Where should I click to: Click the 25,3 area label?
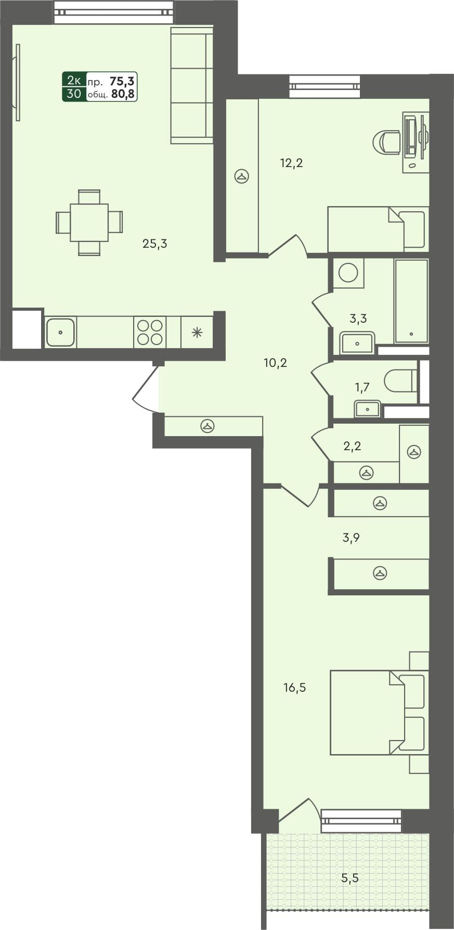click(x=155, y=244)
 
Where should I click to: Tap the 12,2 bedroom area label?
click(x=291, y=163)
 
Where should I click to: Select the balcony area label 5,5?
click(x=350, y=878)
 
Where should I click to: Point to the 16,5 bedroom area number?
click(x=294, y=688)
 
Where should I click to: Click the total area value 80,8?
click(x=123, y=95)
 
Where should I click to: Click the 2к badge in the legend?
click(x=74, y=81)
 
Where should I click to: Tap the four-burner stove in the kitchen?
click(x=150, y=332)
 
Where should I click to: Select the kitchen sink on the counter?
click(x=61, y=332)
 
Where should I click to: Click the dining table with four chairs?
click(x=89, y=223)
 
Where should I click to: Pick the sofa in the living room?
click(x=192, y=86)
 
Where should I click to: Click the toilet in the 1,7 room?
click(x=400, y=381)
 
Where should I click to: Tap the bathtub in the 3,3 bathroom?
click(x=411, y=301)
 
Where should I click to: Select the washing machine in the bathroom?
click(x=348, y=273)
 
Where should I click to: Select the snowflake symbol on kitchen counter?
click(x=197, y=333)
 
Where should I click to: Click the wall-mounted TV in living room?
click(x=17, y=82)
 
